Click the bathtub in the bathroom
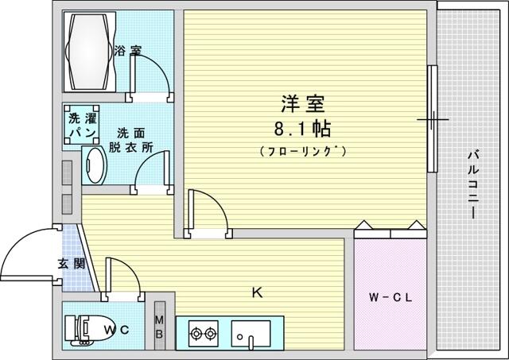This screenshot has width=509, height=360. pyautogui.click(x=90, y=52)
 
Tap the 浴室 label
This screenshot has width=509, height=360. pyautogui.click(x=128, y=51)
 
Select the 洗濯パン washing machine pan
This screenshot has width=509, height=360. pyautogui.click(x=81, y=125)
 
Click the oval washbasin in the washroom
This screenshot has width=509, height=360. pyautogui.click(x=95, y=165)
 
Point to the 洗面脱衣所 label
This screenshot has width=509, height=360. pyautogui.click(x=130, y=141)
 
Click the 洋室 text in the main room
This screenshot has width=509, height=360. pyautogui.click(x=302, y=104)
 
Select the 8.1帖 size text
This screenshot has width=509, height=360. pyautogui.click(x=302, y=129)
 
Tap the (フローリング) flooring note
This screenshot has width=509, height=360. pyautogui.click(x=303, y=151)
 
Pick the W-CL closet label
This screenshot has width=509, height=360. pyautogui.click(x=390, y=297)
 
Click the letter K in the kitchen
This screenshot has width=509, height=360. pyautogui.click(x=257, y=293)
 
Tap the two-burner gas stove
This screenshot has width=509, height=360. pyautogui.click(x=204, y=334)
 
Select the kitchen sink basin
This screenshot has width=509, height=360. pyautogui.click(x=251, y=334)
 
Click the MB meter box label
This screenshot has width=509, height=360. pyautogui.click(x=159, y=327)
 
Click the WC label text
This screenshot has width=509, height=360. pyautogui.click(x=117, y=330)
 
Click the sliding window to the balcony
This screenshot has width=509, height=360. pyautogui.click(x=432, y=118)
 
